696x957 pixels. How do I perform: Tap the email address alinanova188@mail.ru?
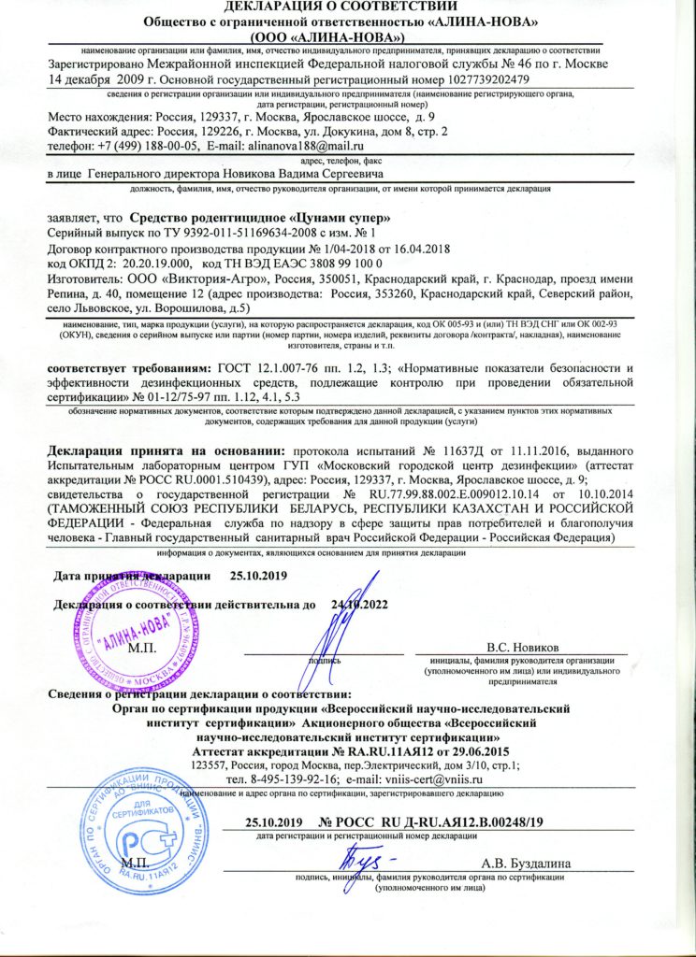coord(311,147)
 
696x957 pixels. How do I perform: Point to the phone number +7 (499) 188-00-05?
coord(142,147)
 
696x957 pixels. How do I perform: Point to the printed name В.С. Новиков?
coord(523,646)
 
